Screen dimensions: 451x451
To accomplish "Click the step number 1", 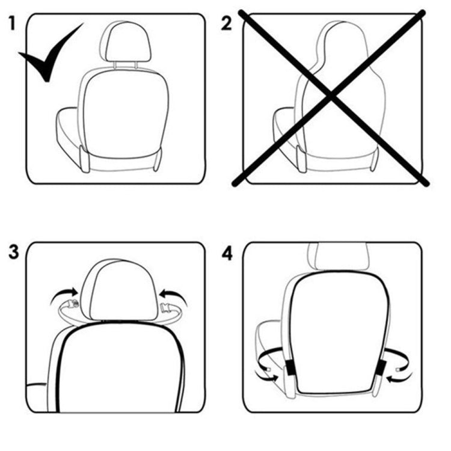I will (12, 24).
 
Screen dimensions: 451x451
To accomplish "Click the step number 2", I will (227, 24).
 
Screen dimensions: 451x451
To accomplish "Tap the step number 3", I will (14, 252).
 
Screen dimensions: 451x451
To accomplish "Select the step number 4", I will (227, 253).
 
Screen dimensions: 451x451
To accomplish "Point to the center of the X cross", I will (330, 96).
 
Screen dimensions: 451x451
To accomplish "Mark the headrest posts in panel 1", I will (126, 63).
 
